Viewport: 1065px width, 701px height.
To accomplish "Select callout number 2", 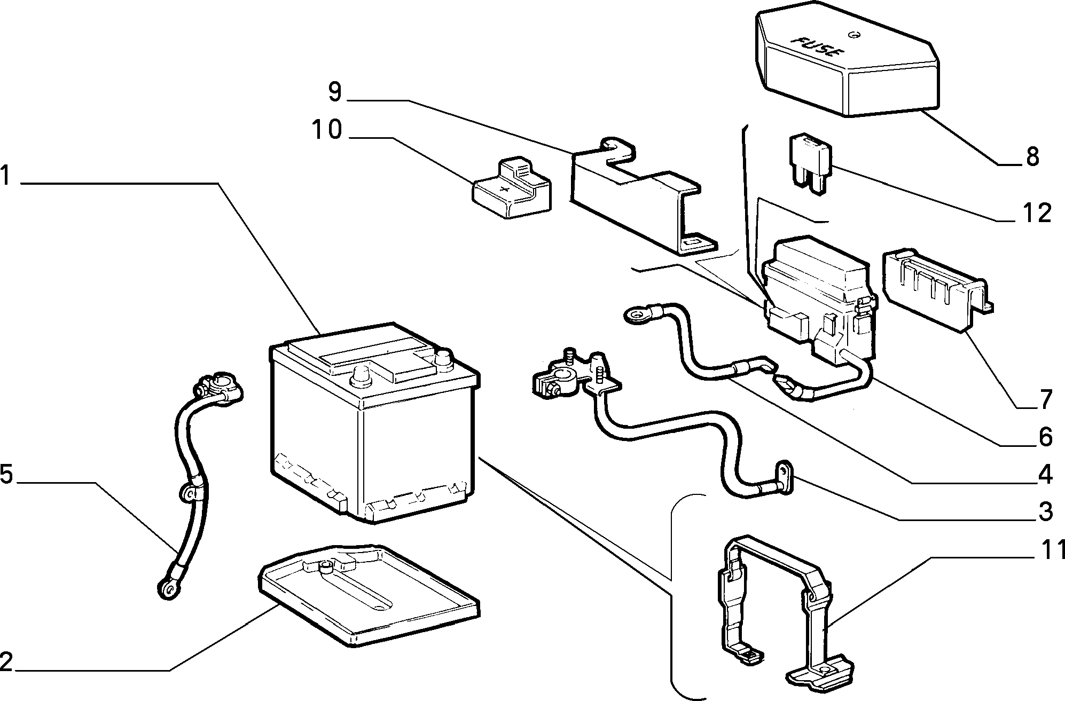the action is [x=6, y=662].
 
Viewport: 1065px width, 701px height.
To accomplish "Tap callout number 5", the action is [x=6, y=474].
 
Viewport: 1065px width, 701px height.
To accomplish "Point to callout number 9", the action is [x=334, y=91].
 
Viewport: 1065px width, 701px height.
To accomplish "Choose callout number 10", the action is [x=327, y=130].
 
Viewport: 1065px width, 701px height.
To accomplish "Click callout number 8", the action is [x=1032, y=156].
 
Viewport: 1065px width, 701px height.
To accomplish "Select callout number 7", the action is [x=1045, y=399].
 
